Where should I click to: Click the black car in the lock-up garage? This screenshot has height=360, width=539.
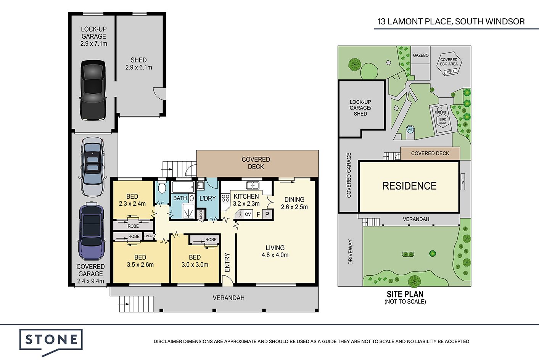[x=93, y=90]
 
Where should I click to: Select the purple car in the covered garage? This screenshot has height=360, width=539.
[x=91, y=231]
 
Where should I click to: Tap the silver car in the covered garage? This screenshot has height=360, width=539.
[x=93, y=167]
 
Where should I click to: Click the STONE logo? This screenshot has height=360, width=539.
[x=51, y=342]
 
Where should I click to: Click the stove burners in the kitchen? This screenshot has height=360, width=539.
[x=225, y=198]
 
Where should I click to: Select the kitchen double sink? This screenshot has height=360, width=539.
[x=253, y=185]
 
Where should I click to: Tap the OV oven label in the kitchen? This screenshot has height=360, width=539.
[x=248, y=214]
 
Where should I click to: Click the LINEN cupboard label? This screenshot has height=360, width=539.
[x=148, y=236]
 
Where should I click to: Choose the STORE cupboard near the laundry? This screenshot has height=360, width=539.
[x=201, y=214]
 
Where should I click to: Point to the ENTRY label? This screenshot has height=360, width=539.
[x=227, y=262]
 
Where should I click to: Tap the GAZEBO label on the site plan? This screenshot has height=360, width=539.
[x=421, y=55]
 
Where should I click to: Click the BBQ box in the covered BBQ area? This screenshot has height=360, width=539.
[x=450, y=71]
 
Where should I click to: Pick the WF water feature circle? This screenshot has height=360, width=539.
[x=410, y=130]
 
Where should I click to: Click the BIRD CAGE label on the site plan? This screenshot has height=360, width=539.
[x=442, y=121]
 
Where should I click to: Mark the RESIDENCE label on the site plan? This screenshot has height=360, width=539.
[x=409, y=186]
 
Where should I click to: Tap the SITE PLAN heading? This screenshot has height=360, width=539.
[x=405, y=294]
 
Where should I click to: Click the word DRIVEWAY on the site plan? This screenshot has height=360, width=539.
[x=350, y=252]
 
